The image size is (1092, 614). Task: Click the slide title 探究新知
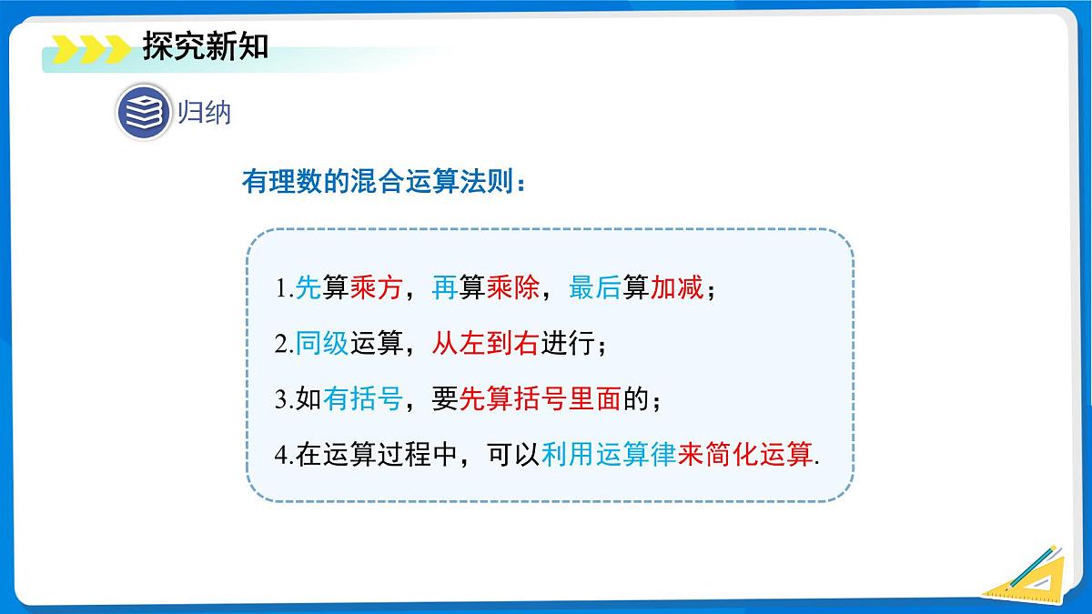[205, 45]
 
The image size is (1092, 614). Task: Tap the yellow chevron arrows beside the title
[91, 48]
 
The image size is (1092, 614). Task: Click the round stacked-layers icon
[144, 112]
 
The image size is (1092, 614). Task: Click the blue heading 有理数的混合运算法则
[382, 183]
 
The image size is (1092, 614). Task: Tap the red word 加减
[676, 289]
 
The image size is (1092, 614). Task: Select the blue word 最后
[594, 289]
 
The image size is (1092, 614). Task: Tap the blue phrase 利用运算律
[609, 454]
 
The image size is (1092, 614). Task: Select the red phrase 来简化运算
[744, 454]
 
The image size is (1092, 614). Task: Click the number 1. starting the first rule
[282, 290]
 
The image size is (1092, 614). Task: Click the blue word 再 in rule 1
[445, 289]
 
